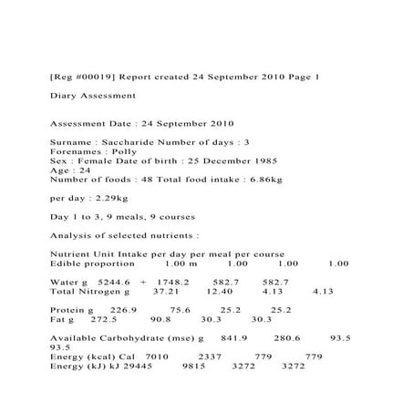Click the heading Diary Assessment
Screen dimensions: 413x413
(x=93, y=95)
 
